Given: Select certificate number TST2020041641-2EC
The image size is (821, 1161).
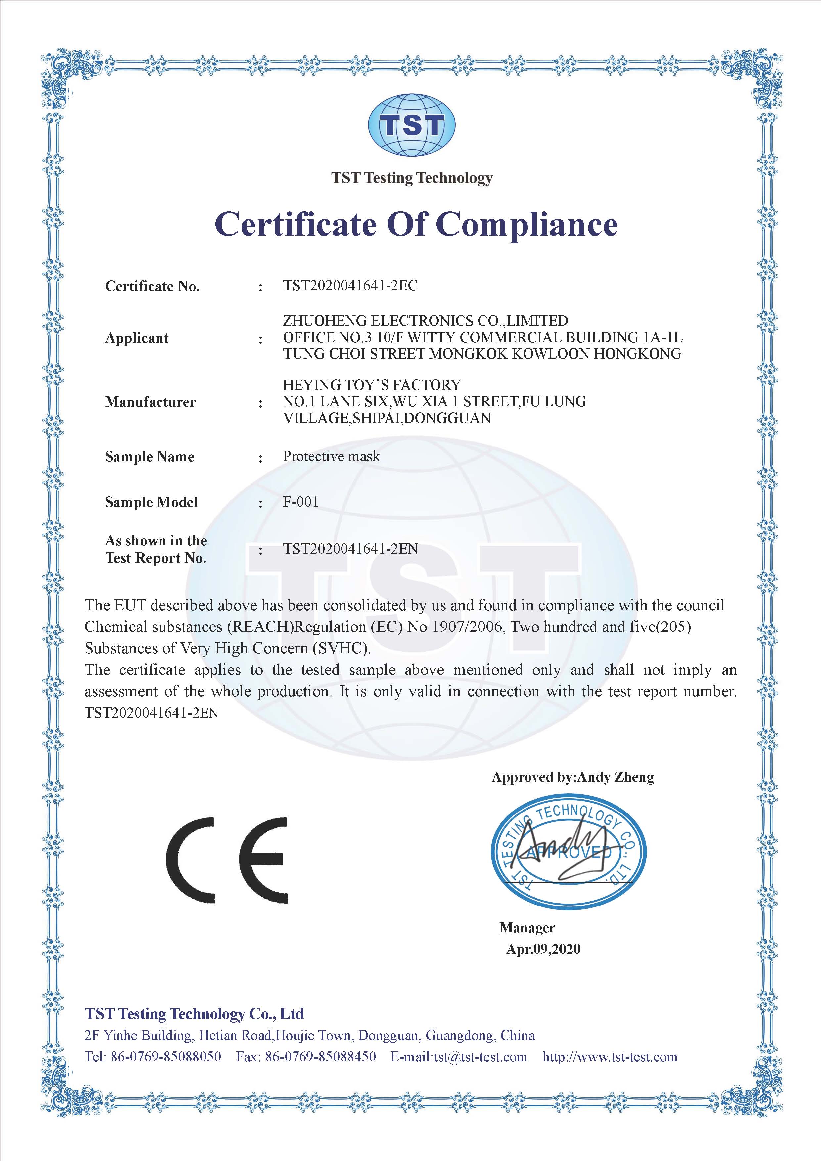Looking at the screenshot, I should (x=350, y=286).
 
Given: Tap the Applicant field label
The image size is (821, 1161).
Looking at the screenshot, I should (x=136, y=338).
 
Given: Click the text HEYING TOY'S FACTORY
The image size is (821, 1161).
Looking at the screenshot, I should (x=372, y=385).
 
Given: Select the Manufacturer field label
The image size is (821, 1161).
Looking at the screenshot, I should (x=150, y=402).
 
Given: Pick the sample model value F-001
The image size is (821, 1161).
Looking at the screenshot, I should (x=301, y=502).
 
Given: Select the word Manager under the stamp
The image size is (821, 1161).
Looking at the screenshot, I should (x=527, y=927).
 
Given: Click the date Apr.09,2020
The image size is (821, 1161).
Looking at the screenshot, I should (x=543, y=949).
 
